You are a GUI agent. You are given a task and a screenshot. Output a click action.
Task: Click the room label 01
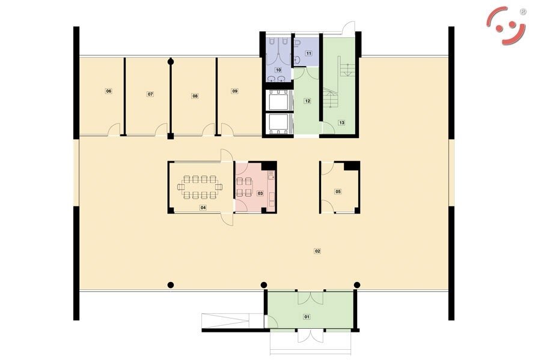click(x=307, y=317)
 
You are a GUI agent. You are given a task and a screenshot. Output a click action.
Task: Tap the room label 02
click(x=317, y=251)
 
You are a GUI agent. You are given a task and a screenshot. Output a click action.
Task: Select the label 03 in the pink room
click(x=260, y=193)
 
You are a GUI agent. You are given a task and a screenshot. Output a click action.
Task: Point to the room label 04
click(x=203, y=208)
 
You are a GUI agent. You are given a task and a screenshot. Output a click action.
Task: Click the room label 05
click(x=338, y=191)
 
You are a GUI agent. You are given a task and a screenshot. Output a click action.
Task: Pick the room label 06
click(x=109, y=91)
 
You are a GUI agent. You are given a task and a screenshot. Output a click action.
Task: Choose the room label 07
click(x=150, y=94)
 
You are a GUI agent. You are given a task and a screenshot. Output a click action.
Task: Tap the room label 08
click(x=195, y=96)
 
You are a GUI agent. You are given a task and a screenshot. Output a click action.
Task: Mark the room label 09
click(x=235, y=91)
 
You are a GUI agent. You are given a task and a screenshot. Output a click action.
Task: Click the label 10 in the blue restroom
click(x=278, y=70)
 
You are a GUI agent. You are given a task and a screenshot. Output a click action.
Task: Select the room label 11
click(x=309, y=53)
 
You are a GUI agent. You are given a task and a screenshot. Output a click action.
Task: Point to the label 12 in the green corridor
click(x=307, y=101)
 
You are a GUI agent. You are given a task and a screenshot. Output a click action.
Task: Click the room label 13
click(x=341, y=122)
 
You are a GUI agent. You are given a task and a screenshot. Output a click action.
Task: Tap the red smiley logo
click(x=506, y=26)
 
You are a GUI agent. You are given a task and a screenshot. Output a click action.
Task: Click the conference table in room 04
click(x=200, y=187)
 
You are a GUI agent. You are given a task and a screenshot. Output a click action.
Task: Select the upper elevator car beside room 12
click(x=279, y=100)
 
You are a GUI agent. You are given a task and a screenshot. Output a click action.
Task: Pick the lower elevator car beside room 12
click(x=279, y=124)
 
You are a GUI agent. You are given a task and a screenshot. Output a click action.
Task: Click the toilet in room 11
click(x=297, y=44)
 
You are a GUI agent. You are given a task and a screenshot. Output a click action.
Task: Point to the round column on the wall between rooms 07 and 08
click(x=170, y=62)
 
